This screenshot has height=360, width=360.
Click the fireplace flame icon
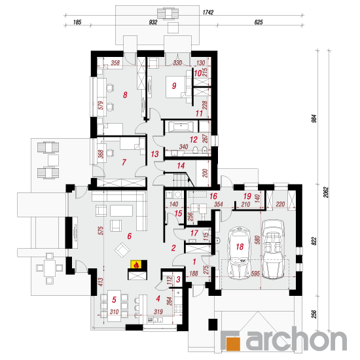(136, 264)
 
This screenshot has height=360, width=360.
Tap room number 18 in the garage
(240, 247)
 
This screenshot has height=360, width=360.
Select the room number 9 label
(174, 86)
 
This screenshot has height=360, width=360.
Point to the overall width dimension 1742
(208, 12)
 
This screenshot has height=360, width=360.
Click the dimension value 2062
(326, 192)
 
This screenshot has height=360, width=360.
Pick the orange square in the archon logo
(233, 342)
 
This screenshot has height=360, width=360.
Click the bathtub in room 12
(181, 127)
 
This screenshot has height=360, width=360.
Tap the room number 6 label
(129, 236)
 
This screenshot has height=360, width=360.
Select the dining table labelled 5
(114, 306)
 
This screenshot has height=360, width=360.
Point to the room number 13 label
(154, 154)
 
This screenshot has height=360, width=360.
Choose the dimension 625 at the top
(259, 22)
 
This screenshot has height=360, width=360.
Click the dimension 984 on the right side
(314, 118)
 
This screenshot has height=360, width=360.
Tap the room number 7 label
(124, 162)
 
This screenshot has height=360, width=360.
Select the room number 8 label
(125, 95)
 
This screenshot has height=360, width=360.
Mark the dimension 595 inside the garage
(255, 273)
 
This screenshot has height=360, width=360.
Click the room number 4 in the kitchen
(158, 298)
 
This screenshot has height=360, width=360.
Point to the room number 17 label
(194, 233)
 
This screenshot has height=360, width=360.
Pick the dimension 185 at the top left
(77, 22)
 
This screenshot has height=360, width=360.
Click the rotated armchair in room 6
(122, 250)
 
